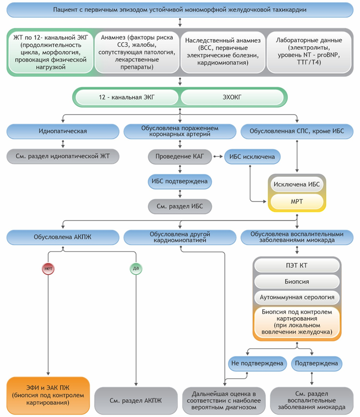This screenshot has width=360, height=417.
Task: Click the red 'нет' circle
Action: (x=48, y=269)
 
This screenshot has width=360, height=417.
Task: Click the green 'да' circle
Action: (x=135, y=269)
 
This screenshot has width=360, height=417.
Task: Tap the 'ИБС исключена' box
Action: (x=252, y=156)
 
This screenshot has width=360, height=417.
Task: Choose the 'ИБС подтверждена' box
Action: (x=180, y=182)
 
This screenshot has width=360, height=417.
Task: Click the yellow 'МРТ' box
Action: (x=297, y=202)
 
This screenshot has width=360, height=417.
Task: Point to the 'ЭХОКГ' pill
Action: (x=231, y=97)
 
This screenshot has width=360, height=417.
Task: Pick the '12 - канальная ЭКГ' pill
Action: (x=127, y=97)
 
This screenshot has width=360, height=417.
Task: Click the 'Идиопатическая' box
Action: (x=63, y=131)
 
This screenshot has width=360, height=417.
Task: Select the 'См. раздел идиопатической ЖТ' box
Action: (x=63, y=156)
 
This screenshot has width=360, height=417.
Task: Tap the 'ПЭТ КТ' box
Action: (x=297, y=265)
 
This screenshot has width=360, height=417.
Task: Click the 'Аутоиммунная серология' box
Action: (x=297, y=297)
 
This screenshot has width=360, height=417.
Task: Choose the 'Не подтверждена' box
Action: (x=257, y=363)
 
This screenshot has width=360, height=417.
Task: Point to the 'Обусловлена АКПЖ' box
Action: (x=63, y=237)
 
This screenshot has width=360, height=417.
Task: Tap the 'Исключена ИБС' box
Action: (x=297, y=185)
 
